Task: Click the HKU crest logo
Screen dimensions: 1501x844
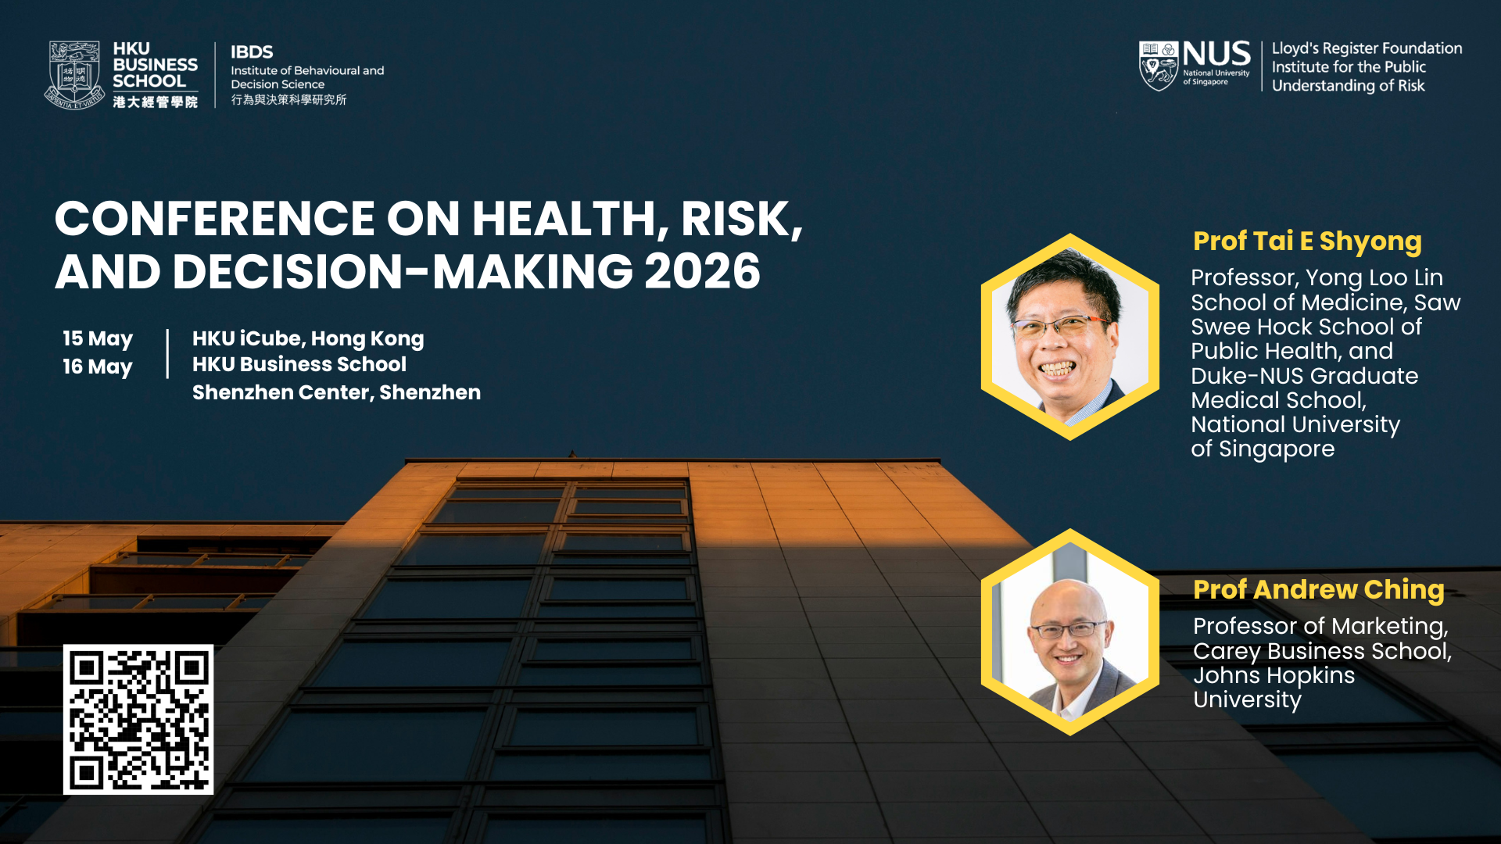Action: pos(74,75)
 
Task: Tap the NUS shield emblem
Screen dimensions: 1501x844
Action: pos(1159,66)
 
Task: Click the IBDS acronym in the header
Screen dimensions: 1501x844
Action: pos(252,52)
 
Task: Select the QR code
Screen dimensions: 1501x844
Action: pos(138,719)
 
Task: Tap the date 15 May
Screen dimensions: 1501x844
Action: pos(98,339)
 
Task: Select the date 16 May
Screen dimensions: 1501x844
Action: pos(98,367)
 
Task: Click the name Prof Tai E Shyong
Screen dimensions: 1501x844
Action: pos(1307,242)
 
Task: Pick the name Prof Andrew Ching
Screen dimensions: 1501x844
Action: pos(1319,590)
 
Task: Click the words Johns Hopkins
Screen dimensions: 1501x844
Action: pos(1274,675)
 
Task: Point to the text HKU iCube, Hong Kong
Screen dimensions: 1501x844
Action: pos(308,339)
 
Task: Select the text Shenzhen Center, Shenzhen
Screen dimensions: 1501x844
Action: pos(336,392)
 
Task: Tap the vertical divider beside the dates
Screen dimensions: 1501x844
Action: pos(167,354)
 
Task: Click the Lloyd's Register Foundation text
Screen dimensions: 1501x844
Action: pos(1367,48)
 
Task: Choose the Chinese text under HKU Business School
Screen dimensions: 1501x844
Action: pos(156,102)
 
